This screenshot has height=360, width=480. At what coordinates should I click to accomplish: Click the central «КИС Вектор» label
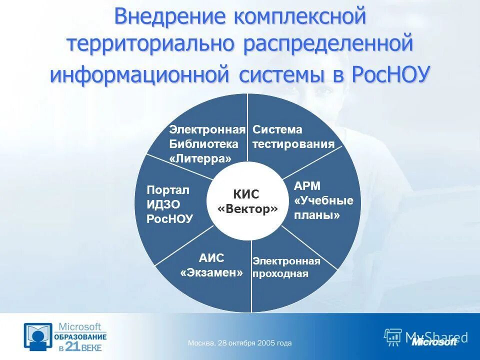(247, 202)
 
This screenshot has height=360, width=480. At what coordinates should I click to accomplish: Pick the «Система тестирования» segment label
(293, 137)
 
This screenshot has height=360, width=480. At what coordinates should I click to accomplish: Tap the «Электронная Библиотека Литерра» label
(206, 144)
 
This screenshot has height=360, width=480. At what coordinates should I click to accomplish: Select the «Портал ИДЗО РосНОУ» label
(169, 204)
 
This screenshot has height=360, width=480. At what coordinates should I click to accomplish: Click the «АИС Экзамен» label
(211, 265)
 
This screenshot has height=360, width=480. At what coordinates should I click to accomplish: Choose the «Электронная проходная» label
(286, 267)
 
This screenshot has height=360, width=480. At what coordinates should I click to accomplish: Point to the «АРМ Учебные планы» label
(323, 200)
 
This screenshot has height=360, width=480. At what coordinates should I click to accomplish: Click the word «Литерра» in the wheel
(200, 158)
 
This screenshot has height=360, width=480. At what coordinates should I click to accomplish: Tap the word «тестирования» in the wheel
(293, 144)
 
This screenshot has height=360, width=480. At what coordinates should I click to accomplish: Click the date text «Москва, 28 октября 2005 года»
(239, 343)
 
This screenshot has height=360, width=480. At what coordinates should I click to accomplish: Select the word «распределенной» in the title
(328, 44)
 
